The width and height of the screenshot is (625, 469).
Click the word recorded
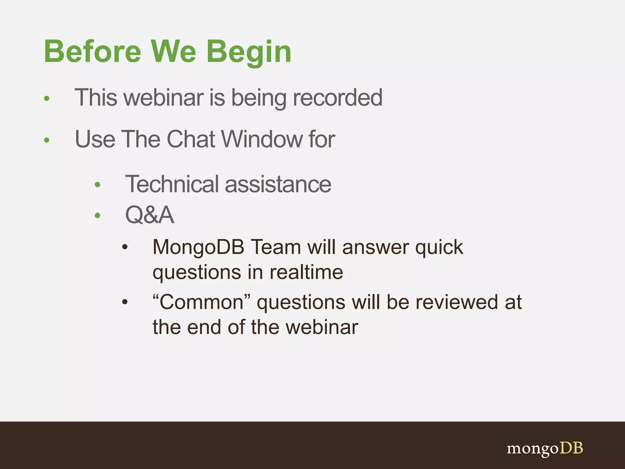click(x=337, y=98)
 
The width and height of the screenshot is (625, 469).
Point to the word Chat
click(x=191, y=139)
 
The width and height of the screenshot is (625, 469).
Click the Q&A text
click(x=150, y=215)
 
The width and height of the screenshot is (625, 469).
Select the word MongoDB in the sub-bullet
click(x=198, y=247)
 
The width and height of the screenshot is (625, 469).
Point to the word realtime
click(x=306, y=272)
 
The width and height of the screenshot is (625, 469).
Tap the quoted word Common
click(x=201, y=302)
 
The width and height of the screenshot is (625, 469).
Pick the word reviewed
click(x=457, y=302)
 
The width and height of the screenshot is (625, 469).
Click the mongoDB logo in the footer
click(x=545, y=448)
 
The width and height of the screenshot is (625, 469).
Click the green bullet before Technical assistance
click(x=98, y=184)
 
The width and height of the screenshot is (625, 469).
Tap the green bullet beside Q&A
click(x=98, y=216)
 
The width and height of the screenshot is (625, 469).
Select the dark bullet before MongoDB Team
click(x=125, y=247)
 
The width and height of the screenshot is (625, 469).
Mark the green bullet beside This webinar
click(x=47, y=98)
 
